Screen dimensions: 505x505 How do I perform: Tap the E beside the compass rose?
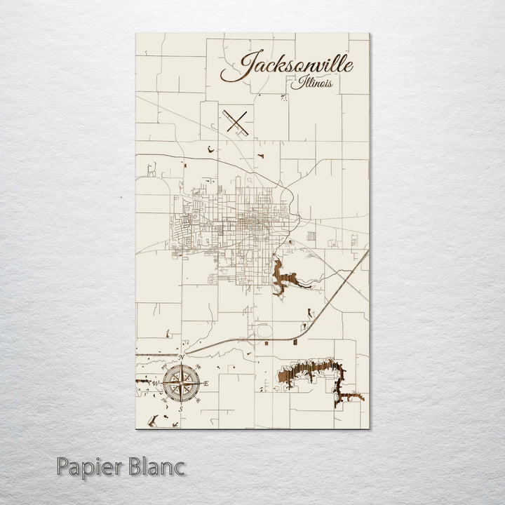click(207, 383)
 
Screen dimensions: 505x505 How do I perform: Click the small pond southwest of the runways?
click(210, 148)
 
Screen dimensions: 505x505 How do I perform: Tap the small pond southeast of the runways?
click(260, 156)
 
